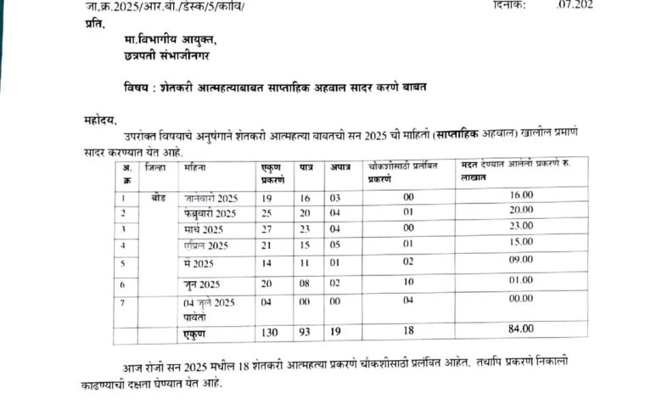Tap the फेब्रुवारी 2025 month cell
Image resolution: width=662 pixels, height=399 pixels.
210,212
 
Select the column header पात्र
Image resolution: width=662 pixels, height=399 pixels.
306,170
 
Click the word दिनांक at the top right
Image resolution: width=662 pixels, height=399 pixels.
509,4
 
